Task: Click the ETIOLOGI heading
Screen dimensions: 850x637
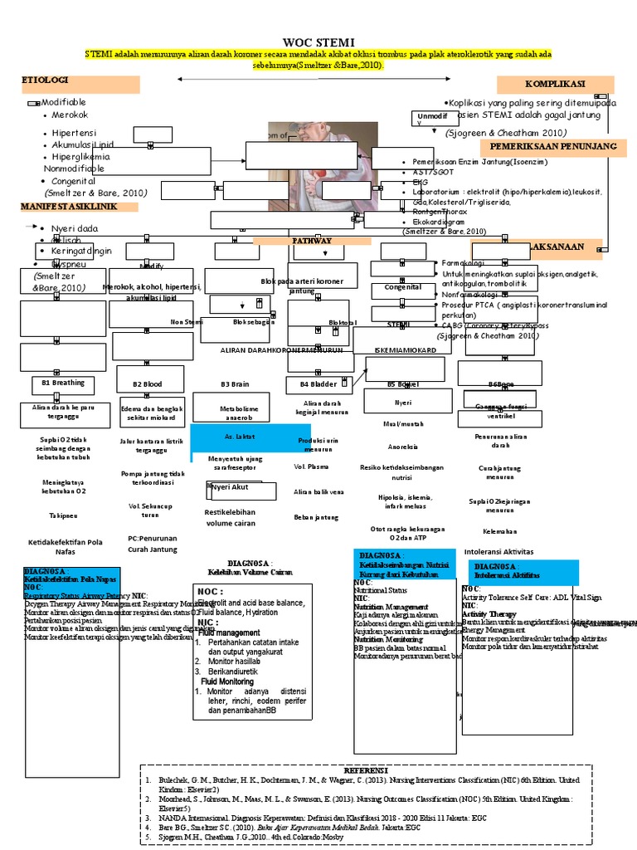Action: [45, 80]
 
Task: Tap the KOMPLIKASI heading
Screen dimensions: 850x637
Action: [555, 84]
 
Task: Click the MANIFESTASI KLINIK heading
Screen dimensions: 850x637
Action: [68, 205]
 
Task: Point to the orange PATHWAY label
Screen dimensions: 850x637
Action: [311, 241]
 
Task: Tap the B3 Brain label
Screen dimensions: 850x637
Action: [235, 384]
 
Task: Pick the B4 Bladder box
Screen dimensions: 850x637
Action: [318, 385]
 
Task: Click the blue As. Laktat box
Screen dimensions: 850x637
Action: [241, 437]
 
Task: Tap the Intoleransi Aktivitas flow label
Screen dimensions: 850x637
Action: [498, 551]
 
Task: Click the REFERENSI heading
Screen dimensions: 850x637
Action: [365, 770]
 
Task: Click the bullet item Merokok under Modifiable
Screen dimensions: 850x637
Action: [70, 115]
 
